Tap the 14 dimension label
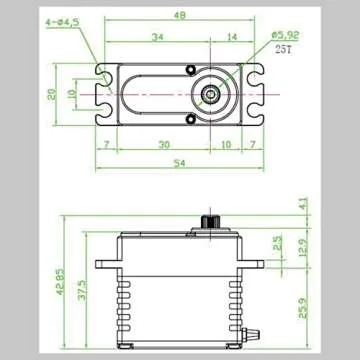click(232, 37)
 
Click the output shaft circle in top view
click(212, 94)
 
